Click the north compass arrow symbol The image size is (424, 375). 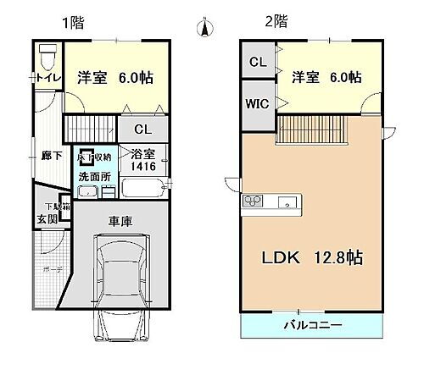pyautogui.click(x=204, y=29)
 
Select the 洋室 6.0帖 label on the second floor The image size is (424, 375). pyautogui.click(x=326, y=76)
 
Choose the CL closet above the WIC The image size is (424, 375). pyautogui.click(x=258, y=61)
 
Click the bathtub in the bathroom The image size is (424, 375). pyautogui.click(x=145, y=186)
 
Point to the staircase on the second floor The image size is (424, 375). pyautogui.click(x=313, y=131)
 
